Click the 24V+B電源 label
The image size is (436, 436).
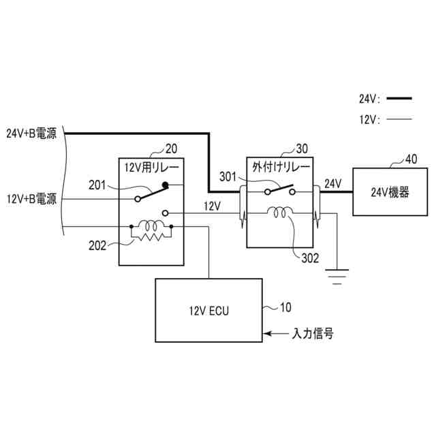[x=31, y=134]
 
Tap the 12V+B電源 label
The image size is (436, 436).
[x=31, y=199]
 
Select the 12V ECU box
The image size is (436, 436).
[x=209, y=310]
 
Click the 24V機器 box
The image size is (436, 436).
[x=390, y=192]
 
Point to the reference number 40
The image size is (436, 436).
[x=411, y=159]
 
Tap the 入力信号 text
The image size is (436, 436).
[x=312, y=334]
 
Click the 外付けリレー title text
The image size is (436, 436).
[x=281, y=167]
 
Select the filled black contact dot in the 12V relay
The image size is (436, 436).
[x=166, y=184]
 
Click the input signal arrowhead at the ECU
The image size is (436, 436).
[x=268, y=334]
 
